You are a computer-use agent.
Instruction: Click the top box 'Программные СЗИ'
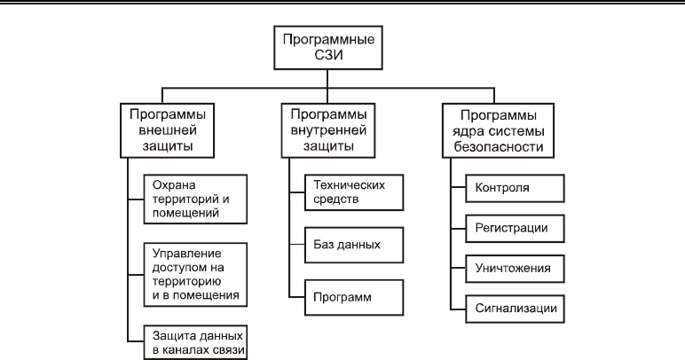pyautogui.click(x=328, y=48)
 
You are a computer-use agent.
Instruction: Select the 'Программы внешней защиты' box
pyautogui.click(x=168, y=130)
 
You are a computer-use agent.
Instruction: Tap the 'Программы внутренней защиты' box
pyautogui.click(x=328, y=130)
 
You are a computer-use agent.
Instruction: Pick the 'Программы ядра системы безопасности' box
pyautogui.click(x=498, y=130)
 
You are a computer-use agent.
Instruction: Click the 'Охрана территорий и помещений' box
pyautogui.click(x=195, y=200)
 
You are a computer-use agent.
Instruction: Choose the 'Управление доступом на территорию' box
pyautogui.click(x=195, y=275)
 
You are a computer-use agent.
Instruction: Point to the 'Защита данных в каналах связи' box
pyautogui.click(x=195, y=342)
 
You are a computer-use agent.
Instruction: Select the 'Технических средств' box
pyautogui.click(x=354, y=192)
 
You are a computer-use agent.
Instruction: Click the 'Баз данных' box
pyautogui.click(x=354, y=245)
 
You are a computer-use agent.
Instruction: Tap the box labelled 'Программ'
pyautogui.click(x=354, y=298)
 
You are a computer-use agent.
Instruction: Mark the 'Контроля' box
pyautogui.click(x=515, y=188)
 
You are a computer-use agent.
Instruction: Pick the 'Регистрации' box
pyautogui.click(x=515, y=228)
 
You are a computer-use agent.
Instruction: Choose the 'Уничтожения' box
pyautogui.click(x=515, y=269)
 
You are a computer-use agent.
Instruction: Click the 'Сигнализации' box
pyautogui.click(x=515, y=309)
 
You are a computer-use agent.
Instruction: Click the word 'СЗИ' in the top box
pyautogui.click(x=328, y=55)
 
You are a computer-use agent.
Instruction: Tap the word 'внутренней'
pyautogui.click(x=328, y=130)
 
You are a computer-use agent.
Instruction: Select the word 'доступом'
pyautogui.click(x=177, y=268)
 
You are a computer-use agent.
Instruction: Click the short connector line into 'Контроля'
pyautogui.click(x=458, y=188)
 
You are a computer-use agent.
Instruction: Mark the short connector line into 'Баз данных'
pyautogui.click(x=297, y=245)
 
